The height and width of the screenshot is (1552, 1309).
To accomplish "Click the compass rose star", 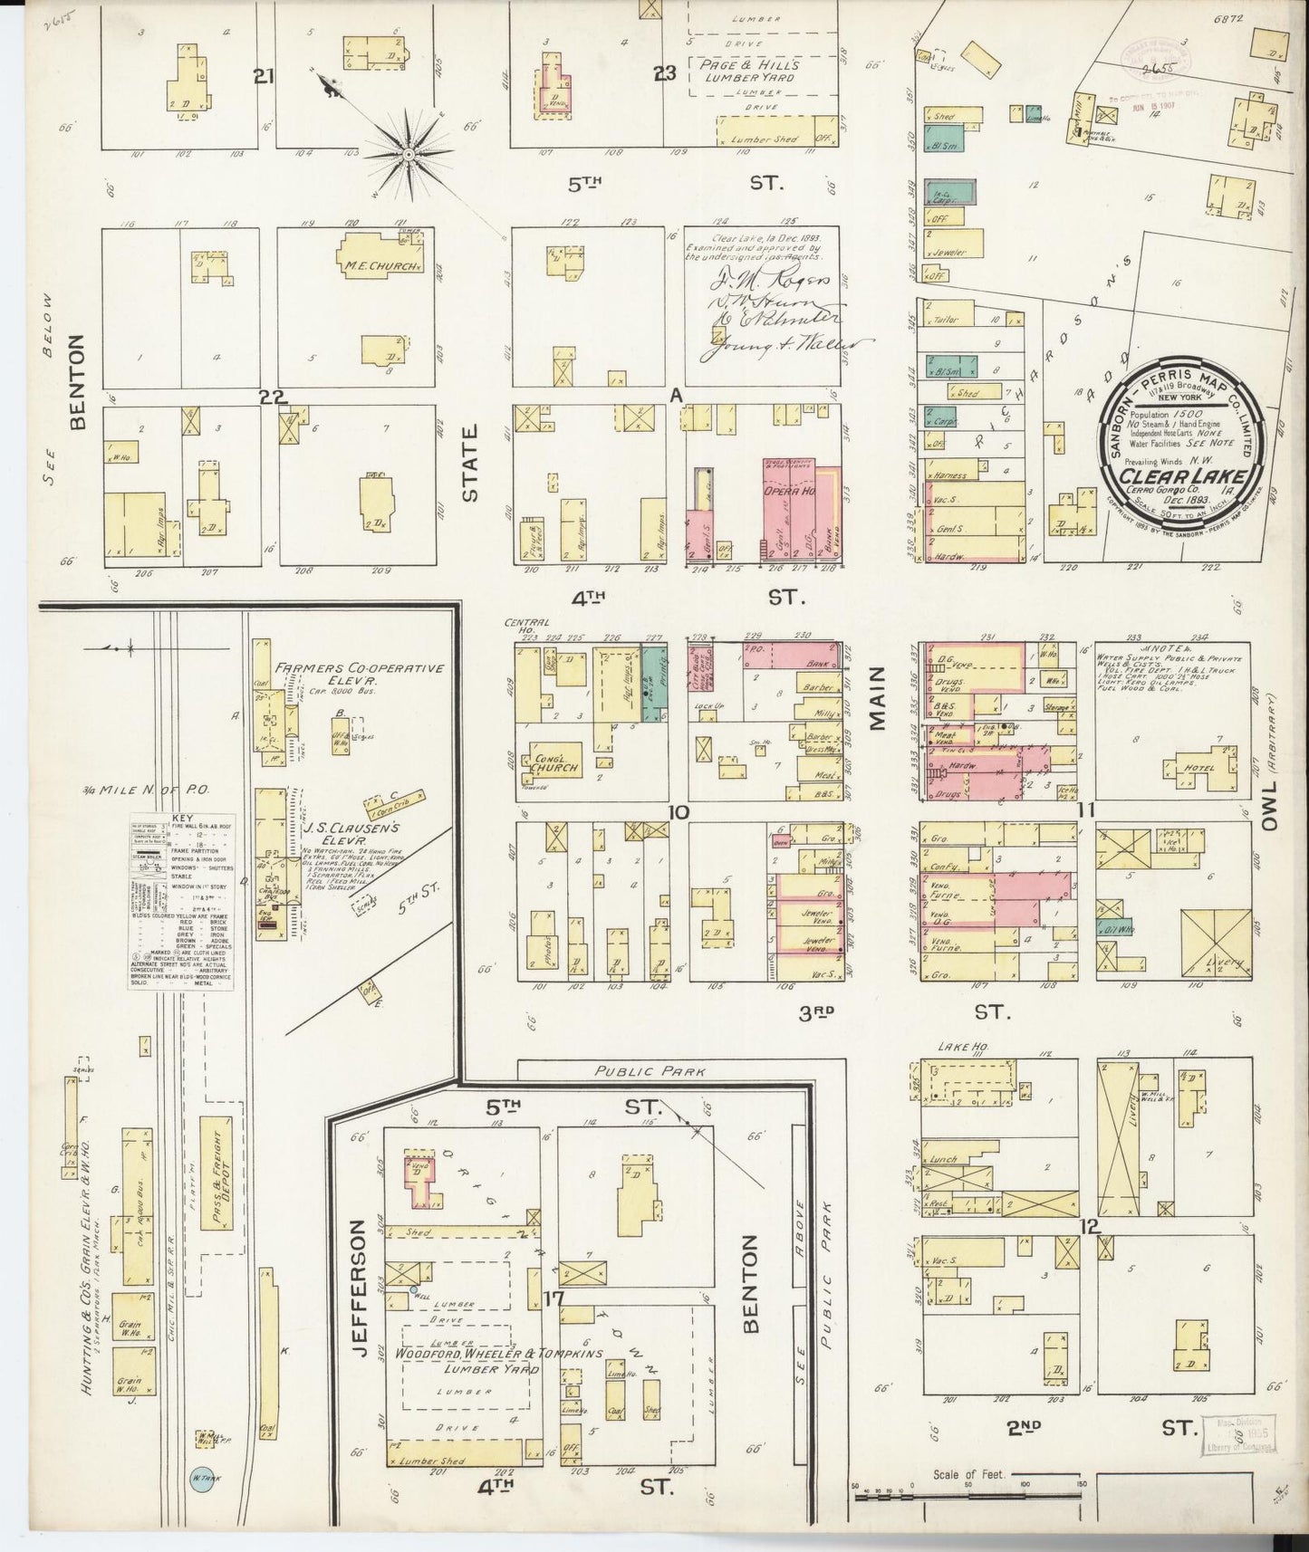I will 409,155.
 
